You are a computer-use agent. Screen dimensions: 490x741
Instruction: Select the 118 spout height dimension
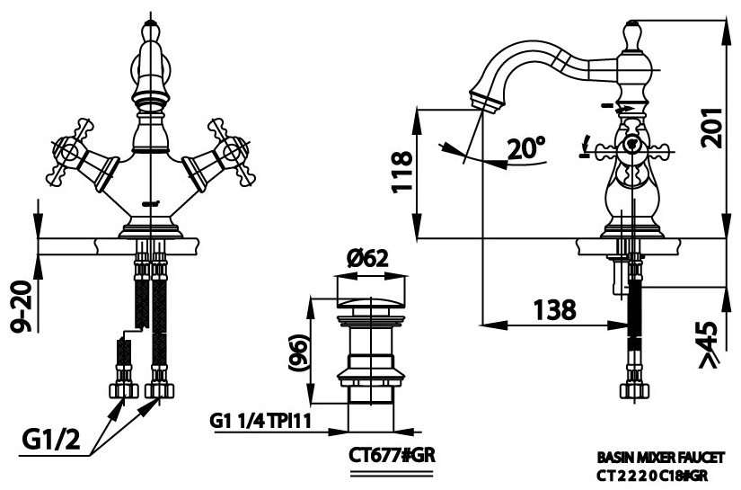click(401, 172)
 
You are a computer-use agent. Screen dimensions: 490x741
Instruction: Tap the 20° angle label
click(525, 148)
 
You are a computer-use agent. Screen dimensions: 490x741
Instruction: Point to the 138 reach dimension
click(554, 310)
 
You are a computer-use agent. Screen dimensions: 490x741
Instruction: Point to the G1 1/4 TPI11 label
click(260, 422)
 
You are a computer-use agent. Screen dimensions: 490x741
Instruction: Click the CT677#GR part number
click(392, 455)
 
